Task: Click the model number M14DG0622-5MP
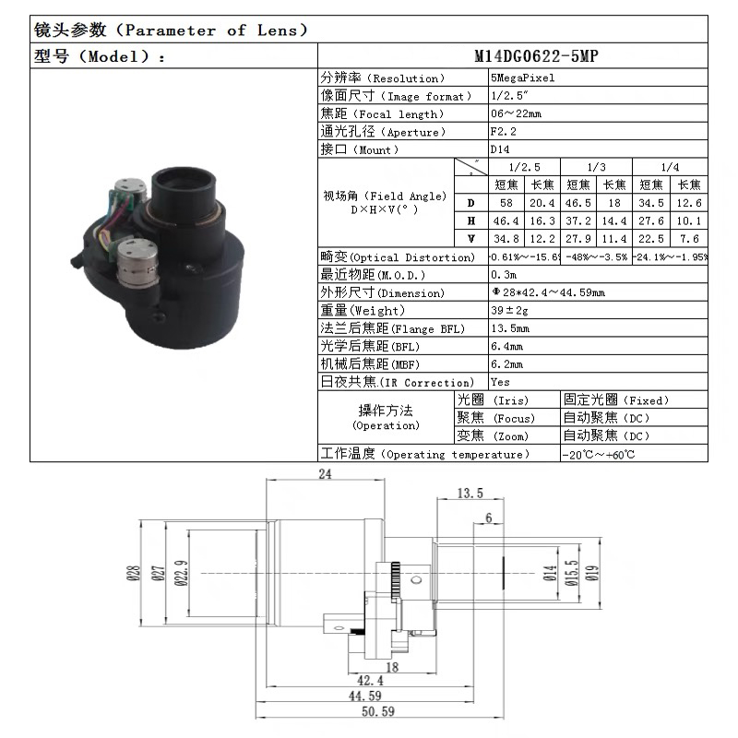click(x=536, y=55)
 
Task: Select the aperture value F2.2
click(x=499, y=132)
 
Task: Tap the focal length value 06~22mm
click(x=516, y=113)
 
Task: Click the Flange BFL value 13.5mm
click(x=510, y=328)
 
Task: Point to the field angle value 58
click(x=506, y=203)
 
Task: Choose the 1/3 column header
click(x=596, y=167)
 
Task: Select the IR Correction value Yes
click(x=500, y=382)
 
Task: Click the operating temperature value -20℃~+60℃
click(x=599, y=455)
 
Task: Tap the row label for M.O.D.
click(x=373, y=275)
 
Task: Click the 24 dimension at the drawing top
click(x=325, y=474)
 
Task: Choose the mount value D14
click(x=499, y=149)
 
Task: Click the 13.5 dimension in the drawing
click(x=470, y=494)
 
